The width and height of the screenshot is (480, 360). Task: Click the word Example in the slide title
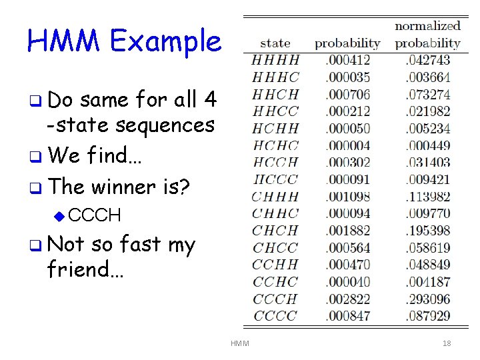click(166, 42)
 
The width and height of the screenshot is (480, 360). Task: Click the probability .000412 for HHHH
click(347, 61)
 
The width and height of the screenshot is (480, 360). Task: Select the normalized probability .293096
click(428, 299)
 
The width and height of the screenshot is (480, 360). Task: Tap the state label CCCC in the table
click(275, 315)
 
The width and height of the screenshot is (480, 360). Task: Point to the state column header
click(275, 43)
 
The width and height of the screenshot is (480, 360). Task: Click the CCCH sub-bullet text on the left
click(95, 215)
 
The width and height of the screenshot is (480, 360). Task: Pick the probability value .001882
click(347, 231)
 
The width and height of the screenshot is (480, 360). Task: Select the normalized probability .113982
click(428, 197)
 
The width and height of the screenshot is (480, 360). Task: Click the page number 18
click(447, 343)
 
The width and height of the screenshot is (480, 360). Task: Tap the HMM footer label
click(239, 343)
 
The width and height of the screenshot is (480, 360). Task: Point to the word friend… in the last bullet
click(85, 269)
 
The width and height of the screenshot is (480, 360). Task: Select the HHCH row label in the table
click(275, 95)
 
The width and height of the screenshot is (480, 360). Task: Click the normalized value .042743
click(428, 61)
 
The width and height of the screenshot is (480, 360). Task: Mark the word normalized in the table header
click(428, 26)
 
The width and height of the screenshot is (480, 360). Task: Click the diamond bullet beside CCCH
click(59, 215)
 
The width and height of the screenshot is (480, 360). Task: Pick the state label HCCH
click(275, 163)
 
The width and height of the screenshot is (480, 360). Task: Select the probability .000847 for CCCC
click(347, 315)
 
